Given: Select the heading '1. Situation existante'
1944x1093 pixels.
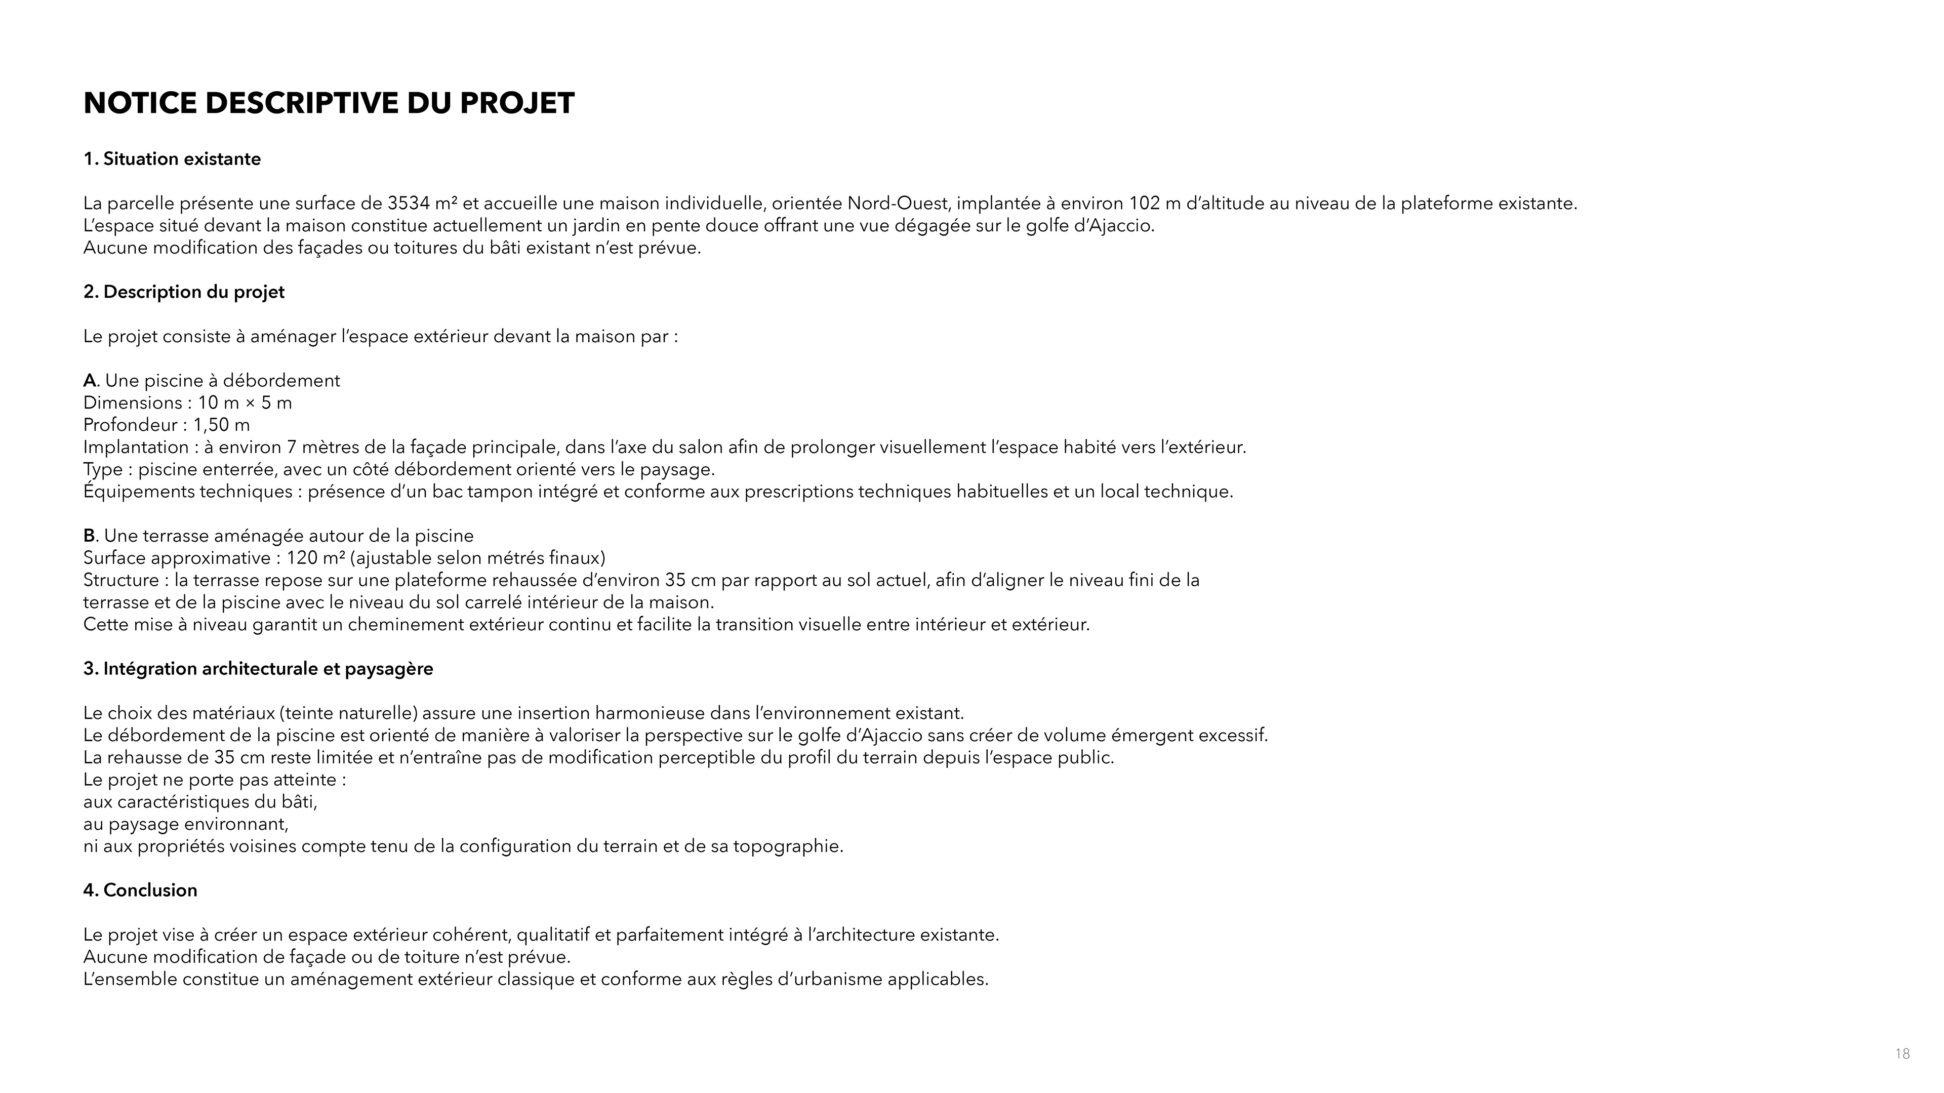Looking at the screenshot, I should pos(172,159).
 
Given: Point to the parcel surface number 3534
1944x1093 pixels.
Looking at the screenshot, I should pos(408,204).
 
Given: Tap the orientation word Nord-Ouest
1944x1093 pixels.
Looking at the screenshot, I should pos(897,204).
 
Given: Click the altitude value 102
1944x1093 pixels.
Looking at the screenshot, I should pos(1144,204).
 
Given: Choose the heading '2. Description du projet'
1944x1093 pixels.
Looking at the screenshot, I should pos(184,292).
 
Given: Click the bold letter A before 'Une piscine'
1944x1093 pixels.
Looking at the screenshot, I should pos(90,380).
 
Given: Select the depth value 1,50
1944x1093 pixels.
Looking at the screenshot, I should pos(211,425).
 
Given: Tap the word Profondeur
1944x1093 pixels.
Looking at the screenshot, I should pos(130,425).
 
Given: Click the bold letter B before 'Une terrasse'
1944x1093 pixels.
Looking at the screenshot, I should pos(89,536).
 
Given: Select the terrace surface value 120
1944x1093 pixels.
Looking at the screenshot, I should pos(301,558).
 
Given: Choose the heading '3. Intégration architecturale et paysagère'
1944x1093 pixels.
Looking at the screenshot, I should pos(258,669).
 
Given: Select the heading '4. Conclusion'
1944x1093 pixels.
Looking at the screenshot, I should pos(140,890).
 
